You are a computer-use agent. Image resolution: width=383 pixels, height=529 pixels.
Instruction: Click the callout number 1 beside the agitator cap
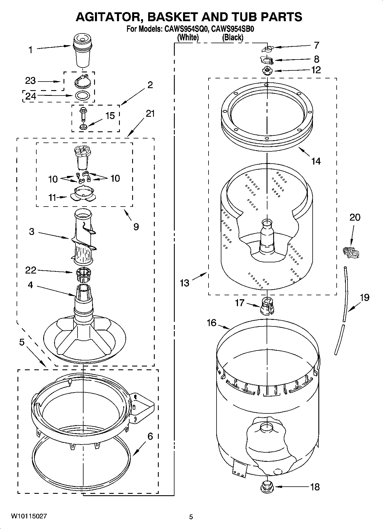point(30,50)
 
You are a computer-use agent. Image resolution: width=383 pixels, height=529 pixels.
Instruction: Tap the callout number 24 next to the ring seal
point(31,96)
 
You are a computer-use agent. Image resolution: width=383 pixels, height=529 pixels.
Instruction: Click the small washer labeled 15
point(84,126)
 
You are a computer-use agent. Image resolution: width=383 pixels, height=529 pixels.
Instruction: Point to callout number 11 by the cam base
point(52,197)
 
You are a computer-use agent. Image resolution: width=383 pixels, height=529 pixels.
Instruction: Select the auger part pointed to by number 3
point(83,237)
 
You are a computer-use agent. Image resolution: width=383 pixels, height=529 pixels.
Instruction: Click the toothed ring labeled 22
point(83,273)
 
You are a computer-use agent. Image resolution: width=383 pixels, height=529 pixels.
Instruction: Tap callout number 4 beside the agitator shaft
point(30,285)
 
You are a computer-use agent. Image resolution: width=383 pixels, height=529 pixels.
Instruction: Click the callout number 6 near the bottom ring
point(150,436)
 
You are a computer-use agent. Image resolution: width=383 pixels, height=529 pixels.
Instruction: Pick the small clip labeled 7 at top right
point(267,49)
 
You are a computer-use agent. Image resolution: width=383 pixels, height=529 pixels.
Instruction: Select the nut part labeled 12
point(267,70)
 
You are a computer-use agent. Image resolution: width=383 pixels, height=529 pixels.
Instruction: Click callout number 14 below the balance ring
point(315,161)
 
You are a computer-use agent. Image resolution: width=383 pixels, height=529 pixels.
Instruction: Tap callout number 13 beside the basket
point(184,283)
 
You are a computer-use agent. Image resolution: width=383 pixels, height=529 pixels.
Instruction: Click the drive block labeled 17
point(267,306)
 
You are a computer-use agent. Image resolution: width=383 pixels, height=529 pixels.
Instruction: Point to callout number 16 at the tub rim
point(211,323)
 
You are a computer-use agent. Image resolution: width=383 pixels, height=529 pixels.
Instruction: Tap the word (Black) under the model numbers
point(233,37)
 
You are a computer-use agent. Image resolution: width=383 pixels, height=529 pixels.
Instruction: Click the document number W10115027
point(29,516)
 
